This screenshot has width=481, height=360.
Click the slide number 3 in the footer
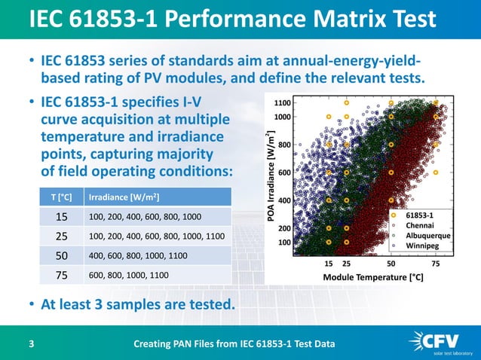31,344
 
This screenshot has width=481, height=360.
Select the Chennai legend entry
419,225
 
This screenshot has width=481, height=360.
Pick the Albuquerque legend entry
427,235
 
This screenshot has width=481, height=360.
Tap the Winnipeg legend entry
421,246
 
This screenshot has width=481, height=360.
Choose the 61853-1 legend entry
419,215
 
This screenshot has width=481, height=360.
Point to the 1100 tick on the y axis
283,102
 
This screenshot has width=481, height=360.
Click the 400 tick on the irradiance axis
286,201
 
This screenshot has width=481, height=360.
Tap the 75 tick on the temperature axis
436,265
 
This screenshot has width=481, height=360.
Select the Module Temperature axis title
372,277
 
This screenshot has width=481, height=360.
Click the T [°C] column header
61,197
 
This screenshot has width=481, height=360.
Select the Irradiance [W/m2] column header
124,197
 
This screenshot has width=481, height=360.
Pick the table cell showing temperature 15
61,216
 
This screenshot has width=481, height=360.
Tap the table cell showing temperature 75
61,275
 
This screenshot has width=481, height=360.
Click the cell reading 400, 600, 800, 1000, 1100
138,255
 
